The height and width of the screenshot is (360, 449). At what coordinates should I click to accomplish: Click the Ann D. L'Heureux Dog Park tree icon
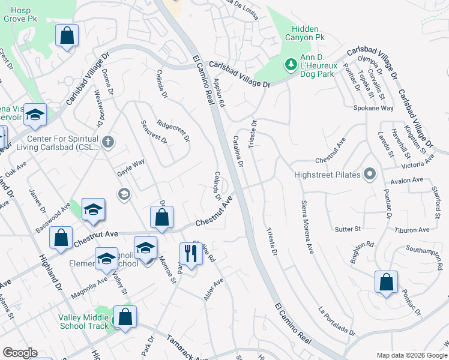[x=291, y=64]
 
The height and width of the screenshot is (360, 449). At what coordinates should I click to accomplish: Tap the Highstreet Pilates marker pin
[x=370, y=175]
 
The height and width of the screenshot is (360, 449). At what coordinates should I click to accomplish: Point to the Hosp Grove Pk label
[x=17, y=15]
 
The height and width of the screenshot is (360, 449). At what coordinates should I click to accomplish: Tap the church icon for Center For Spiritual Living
[x=107, y=142]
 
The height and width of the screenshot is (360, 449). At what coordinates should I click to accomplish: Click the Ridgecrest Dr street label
[x=173, y=130]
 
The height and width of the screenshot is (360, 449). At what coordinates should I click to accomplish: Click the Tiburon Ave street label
[x=412, y=230]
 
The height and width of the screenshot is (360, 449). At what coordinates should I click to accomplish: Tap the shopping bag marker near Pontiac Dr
[x=386, y=281]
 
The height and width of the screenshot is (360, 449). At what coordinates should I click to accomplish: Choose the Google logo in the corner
[x=20, y=353]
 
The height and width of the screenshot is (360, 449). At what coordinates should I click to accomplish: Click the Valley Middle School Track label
[x=84, y=322]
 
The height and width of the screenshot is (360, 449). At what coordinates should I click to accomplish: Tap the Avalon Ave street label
[x=407, y=180]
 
